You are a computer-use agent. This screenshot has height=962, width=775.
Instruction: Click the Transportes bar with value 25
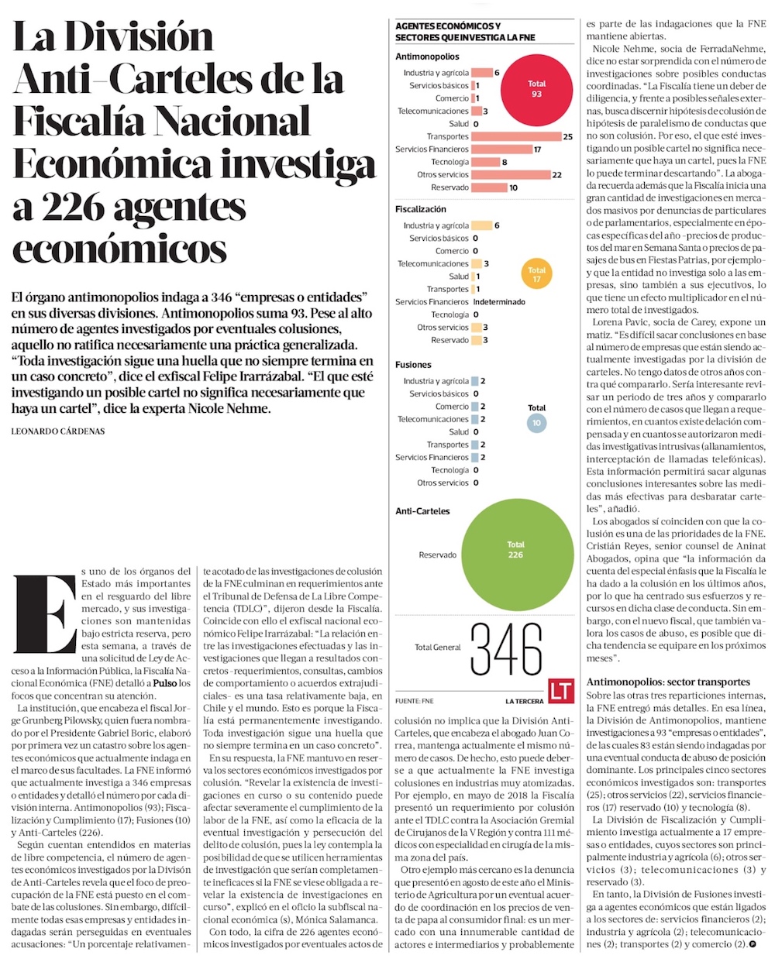pyautogui.click(x=515, y=136)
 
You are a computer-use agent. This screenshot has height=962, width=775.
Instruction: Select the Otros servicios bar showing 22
pyautogui.click(x=510, y=175)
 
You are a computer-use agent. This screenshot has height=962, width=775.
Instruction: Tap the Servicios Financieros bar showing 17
pyautogui.click(x=501, y=149)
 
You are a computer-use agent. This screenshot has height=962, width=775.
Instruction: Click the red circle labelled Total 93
pyautogui.click(x=536, y=88)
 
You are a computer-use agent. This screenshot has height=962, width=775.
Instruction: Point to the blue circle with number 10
pyautogui.click(x=536, y=423)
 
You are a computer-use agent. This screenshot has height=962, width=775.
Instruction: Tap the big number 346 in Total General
pyautogui.click(x=506, y=649)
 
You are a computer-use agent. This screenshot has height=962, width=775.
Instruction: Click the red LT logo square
pyautogui.click(x=560, y=692)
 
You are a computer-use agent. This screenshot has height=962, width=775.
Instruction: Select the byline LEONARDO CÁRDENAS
pyautogui.click(x=58, y=431)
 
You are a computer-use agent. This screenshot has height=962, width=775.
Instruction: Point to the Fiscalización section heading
pyautogui.click(x=421, y=209)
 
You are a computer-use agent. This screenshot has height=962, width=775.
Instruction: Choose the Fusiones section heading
pyautogui.click(x=413, y=365)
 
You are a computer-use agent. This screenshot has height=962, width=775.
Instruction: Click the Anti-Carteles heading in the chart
pyautogui.click(x=422, y=511)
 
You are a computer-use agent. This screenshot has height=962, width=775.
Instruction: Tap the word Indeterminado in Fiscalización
pyautogui.click(x=499, y=302)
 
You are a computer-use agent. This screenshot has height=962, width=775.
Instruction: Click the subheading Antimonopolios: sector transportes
pyautogui.click(x=668, y=682)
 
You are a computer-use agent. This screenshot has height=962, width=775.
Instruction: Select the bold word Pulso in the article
pyautogui.click(x=164, y=683)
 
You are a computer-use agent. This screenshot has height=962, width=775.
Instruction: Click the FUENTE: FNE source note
pyautogui.click(x=414, y=702)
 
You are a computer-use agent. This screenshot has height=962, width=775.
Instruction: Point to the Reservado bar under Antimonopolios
pyautogui.click(x=489, y=187)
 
